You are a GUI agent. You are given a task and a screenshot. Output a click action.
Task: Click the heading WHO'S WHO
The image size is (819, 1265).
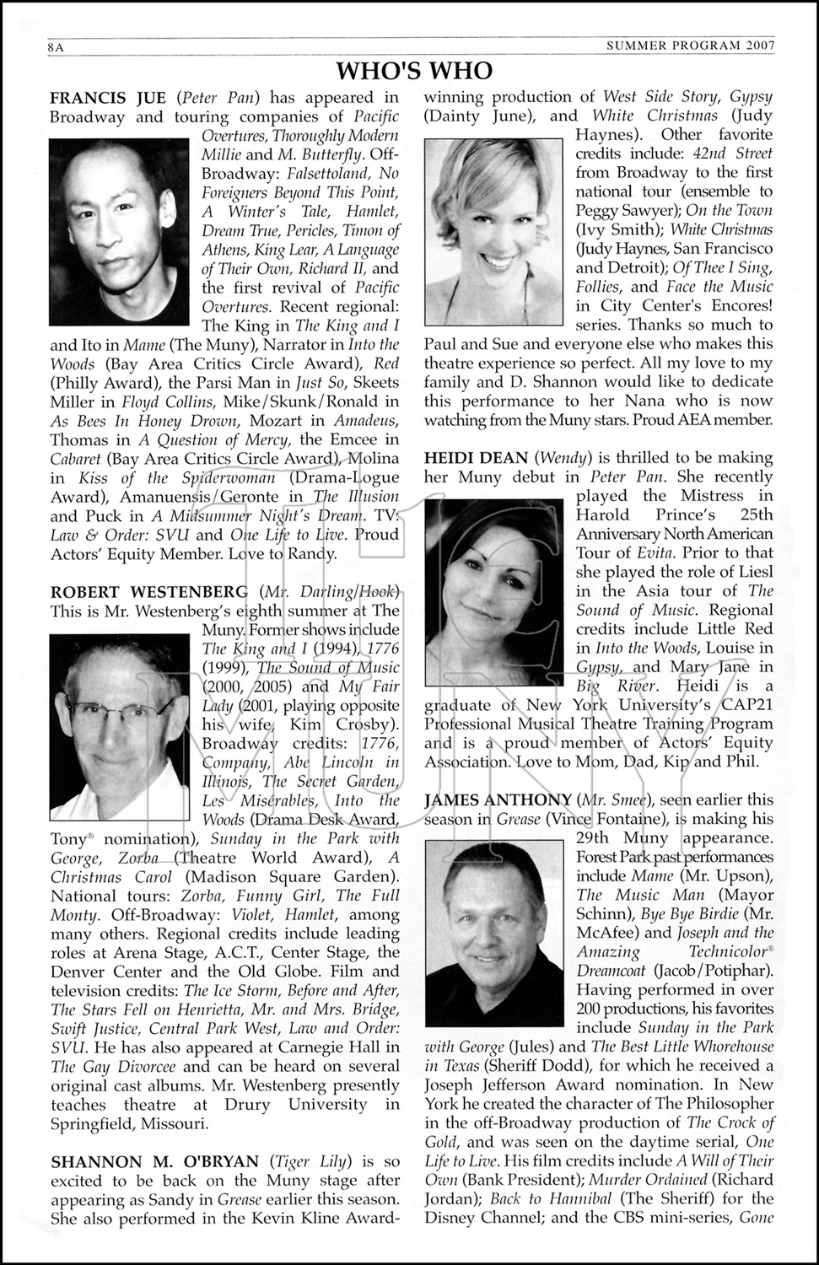tap(413, 69)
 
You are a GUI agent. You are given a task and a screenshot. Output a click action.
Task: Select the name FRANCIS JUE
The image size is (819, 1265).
tap(109, 98)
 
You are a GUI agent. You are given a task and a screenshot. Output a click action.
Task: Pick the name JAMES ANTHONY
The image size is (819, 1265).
tap(498, 799)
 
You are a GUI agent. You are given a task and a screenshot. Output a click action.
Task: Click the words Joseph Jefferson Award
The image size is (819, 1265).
tap(515, 1085)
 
